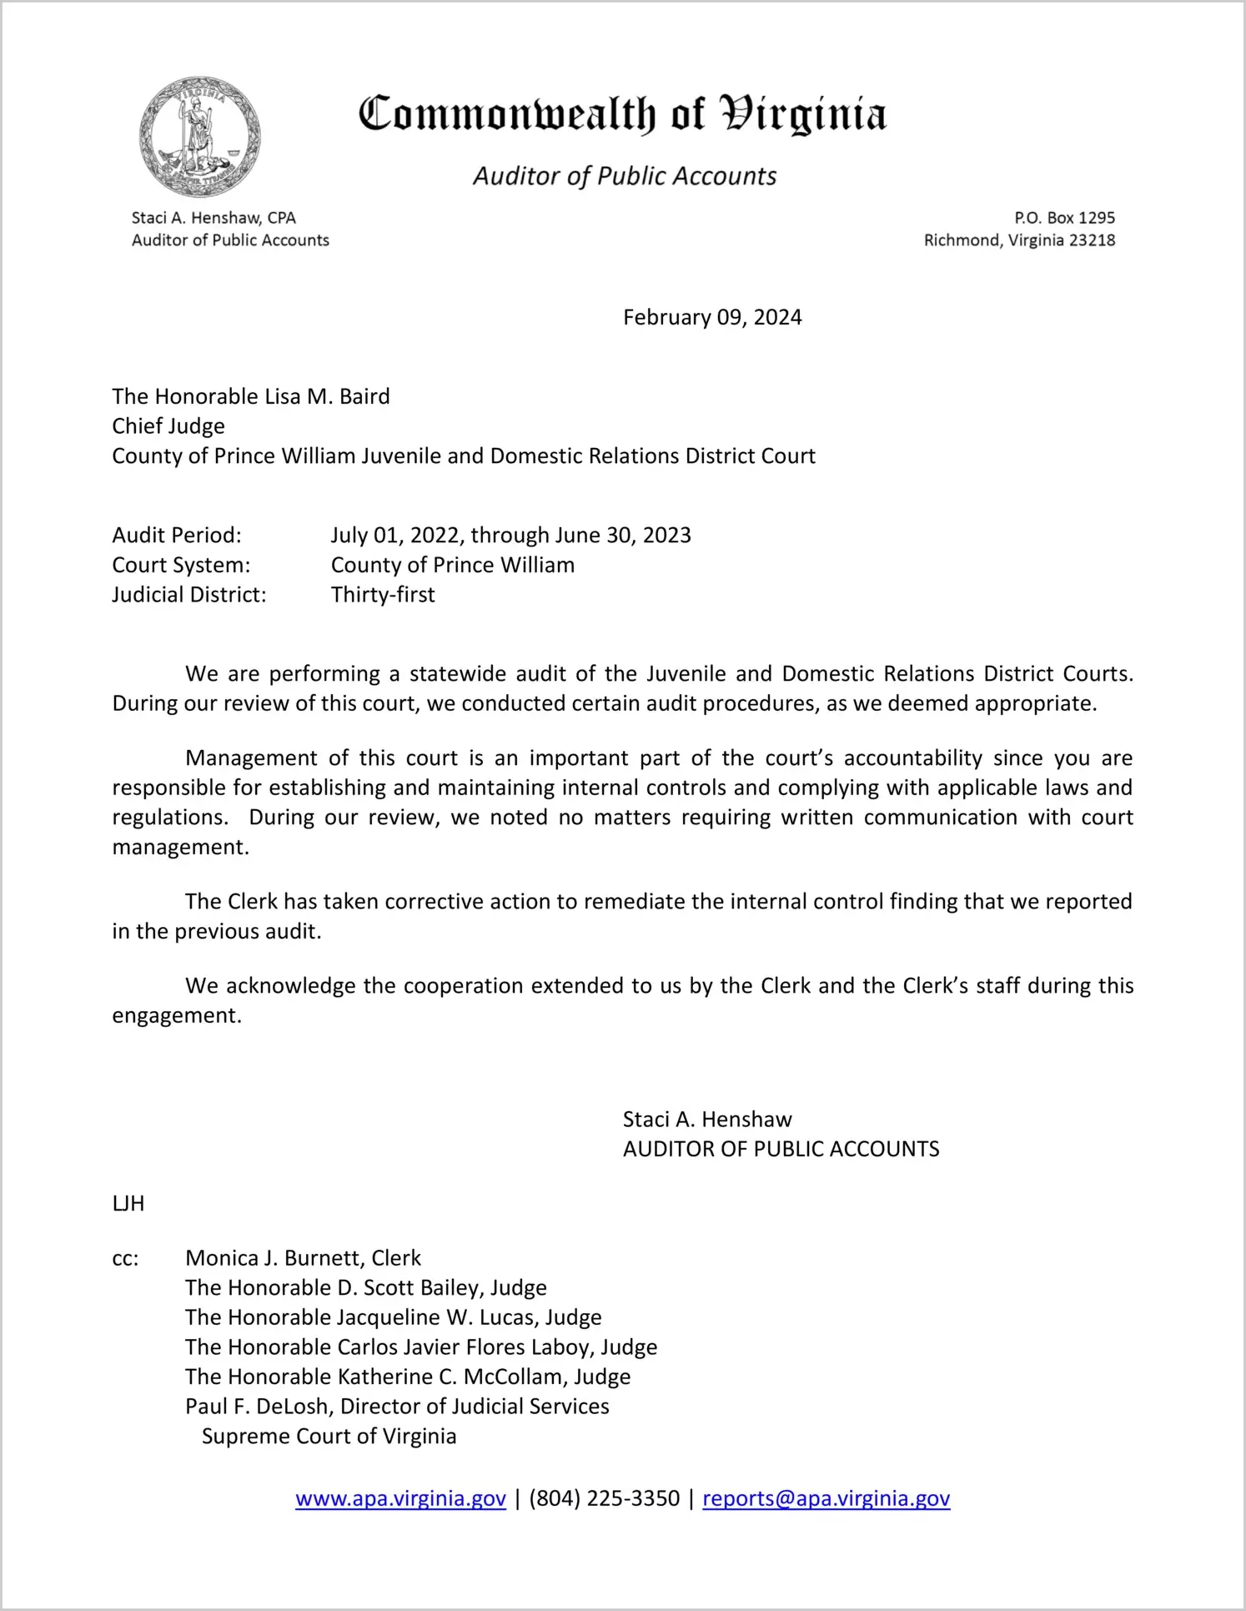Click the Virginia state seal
point(199,137)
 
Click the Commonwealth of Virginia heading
point(622,114)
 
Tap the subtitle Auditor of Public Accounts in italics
point(625,176)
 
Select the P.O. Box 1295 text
point(1064,218)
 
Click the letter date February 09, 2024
point(712,317)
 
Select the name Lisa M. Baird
point(327,396)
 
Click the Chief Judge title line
point(168,426)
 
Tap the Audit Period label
point(177,535)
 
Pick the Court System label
point(181,565)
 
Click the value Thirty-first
point(383,595)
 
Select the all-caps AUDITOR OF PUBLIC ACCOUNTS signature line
point(781,1149)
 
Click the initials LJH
point(128,1203)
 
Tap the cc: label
point(125,1258)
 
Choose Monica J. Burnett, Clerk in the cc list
point(303,1258)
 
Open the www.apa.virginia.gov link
point(400,1498)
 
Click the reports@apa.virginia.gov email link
point(826,1498)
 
